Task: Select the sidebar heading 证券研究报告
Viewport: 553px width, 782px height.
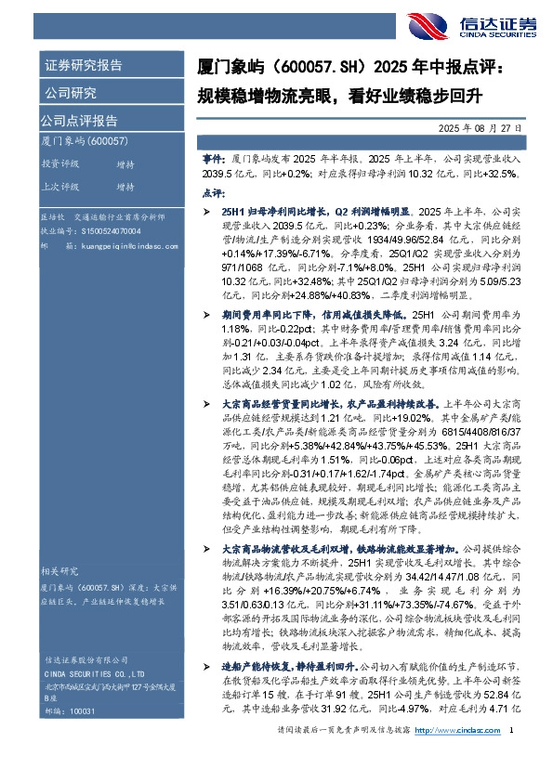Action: [83, 66]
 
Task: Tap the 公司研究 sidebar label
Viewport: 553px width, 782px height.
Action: [70, 93]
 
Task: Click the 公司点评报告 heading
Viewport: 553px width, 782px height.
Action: [78, 120]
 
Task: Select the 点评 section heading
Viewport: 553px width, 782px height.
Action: [213, 191]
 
